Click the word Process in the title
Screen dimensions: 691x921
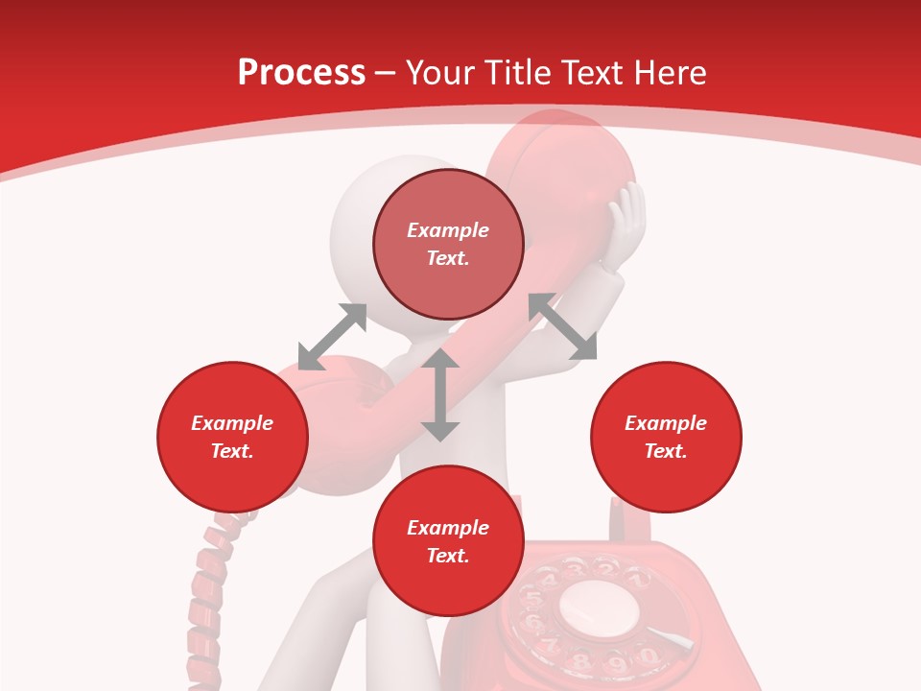(301, 73)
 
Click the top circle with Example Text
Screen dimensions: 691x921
(448, 244)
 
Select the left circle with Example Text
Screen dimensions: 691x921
(232, 437)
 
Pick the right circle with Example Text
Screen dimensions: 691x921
(665, 437)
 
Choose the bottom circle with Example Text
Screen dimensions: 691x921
(448, 541)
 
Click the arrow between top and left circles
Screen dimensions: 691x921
(332, 337)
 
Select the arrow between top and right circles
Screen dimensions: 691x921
(562, 326)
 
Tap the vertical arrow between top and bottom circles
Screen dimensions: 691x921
(440, 394)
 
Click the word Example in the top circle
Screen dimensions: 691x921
(448, 230)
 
